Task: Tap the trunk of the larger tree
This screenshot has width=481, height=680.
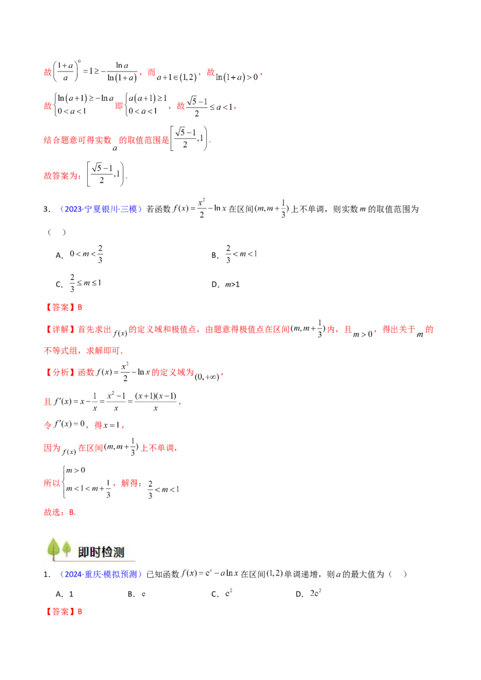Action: pos(54,557)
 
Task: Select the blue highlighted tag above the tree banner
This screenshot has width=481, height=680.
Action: pos(100,210)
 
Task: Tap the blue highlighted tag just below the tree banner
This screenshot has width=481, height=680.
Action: pos(100,575)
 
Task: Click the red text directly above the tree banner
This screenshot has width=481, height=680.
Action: pos(59,512)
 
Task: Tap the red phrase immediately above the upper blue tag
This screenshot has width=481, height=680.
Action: pos(61,177)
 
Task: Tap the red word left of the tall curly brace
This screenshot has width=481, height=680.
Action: pos(51,482)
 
